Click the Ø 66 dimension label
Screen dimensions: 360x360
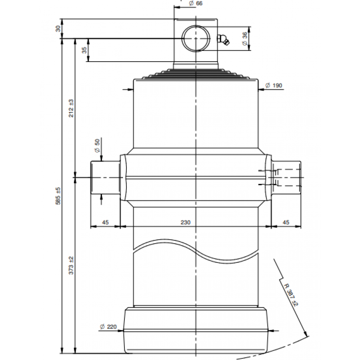[196, 4]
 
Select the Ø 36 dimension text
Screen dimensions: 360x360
[245, 38]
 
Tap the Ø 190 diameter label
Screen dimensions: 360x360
[274, 86]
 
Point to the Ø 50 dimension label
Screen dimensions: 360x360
[97, 146]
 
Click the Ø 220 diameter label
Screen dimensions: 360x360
[108, 327]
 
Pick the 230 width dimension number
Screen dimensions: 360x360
[186, 222]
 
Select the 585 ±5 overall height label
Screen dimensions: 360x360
[58, 196]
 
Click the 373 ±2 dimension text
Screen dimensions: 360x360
[71, 266]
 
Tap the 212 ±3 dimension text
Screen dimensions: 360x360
[71, 108]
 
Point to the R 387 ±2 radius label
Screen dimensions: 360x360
[291, 295]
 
